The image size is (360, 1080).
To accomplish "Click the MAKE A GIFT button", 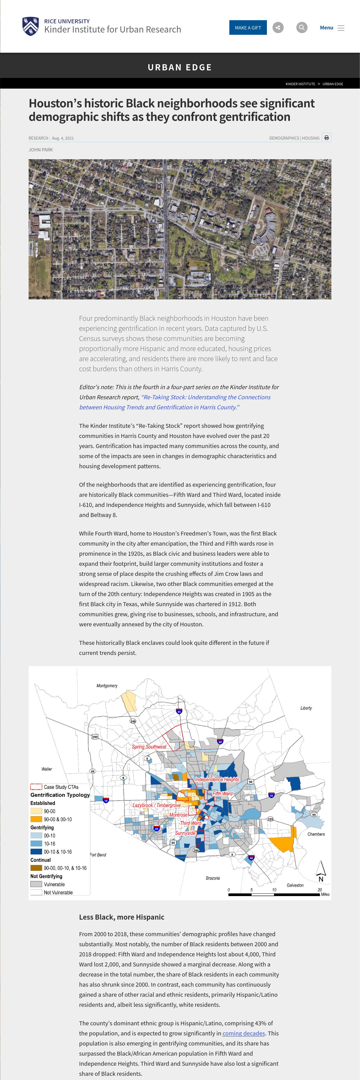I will pos(248,28).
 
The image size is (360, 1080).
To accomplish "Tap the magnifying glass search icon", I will pos(301,28).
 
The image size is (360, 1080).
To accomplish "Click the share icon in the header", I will pos(278,28).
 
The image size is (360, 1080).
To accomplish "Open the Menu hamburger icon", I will pos(341,28).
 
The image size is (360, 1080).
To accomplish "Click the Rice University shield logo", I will pos(31,26).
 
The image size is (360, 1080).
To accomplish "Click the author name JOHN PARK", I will pos(41,150).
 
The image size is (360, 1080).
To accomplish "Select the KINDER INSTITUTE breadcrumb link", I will pos(300,84).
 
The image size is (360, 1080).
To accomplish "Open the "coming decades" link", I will pos(243,1033).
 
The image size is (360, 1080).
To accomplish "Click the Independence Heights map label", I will pos(217,779).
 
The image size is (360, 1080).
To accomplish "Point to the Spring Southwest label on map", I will pos(149,747).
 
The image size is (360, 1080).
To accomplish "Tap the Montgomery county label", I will pos(107,686).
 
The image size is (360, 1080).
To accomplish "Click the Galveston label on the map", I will pos(295,885).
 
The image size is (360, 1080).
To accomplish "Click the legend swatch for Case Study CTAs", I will pos(36,787).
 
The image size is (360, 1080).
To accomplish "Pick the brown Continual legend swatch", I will pos(36,868).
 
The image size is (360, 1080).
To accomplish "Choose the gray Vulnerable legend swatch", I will pos(36,884).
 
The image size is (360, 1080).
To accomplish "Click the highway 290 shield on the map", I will pos(95,737).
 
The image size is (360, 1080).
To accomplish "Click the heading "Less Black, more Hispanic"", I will pos(121,917).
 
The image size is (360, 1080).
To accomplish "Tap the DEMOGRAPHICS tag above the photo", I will pos(284,138).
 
